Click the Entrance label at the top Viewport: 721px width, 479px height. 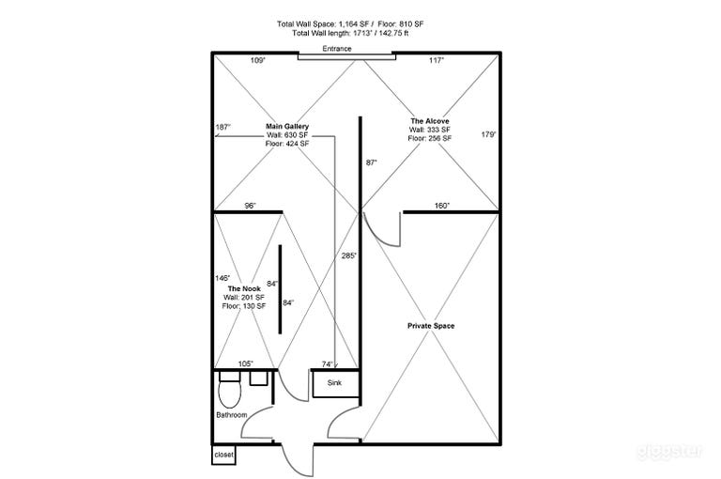[336, 48]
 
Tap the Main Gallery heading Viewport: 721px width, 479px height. [287, 126]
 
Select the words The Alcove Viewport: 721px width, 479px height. [429, 121]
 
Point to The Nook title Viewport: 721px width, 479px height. [244, 287]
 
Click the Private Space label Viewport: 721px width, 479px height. [431, 326]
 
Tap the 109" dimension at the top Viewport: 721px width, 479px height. [258, 60]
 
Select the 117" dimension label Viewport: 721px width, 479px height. [436, 60]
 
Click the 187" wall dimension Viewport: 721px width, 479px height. [222, 127]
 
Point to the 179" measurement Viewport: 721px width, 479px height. [488, 134]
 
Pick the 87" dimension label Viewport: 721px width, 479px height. [371, 162]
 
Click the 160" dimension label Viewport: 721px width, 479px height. [442, 206]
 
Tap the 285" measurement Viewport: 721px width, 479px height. [348, 255]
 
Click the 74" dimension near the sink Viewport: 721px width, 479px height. [328, 363]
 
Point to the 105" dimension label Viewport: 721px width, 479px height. [246, 363]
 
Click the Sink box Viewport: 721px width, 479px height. [334, 384]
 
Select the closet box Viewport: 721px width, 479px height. [223, 454]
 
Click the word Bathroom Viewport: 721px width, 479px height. [232, 415]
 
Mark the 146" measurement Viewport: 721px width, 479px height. [222, 278]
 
